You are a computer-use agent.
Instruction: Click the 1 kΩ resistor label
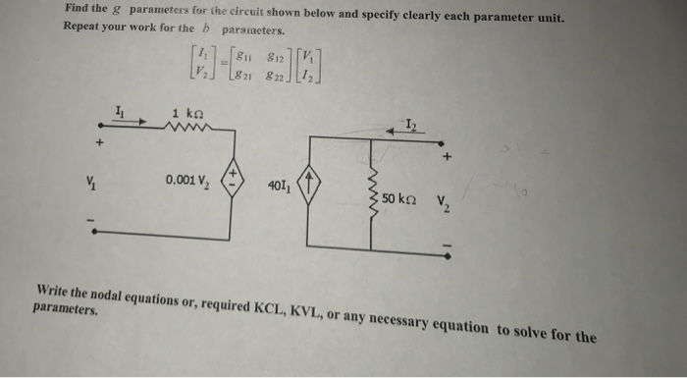pos(187,113)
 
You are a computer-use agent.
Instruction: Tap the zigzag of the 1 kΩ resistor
pos(185,127)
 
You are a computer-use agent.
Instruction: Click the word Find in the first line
pos(79,9)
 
